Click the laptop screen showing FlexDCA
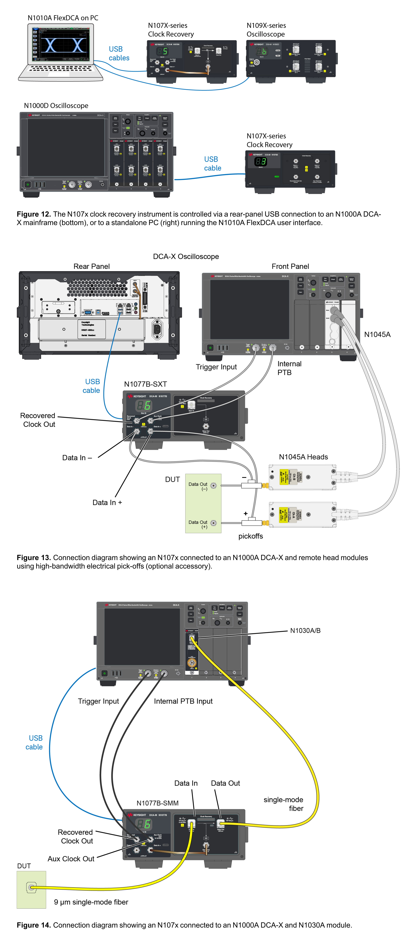click(x=60, y=45)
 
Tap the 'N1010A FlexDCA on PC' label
click(x=63, y=18)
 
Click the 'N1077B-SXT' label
click(x=146, y=384)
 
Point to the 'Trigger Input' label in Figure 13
click(x=216, y=367)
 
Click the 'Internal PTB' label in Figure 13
click(x=289, y=368)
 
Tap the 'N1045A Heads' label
click(x=303, y=457)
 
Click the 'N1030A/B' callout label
click(x=305, y=630)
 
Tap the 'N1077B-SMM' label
click(x=158, y=803)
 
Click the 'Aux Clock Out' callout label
click(x=71, y=859)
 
